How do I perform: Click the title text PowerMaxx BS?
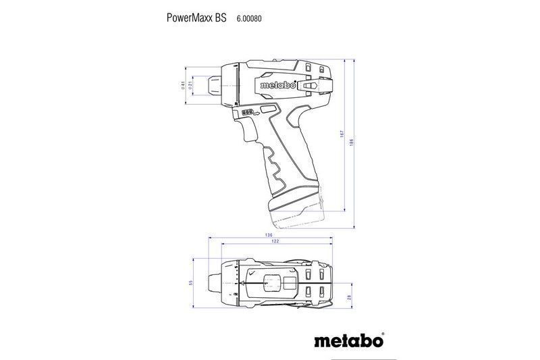tap(196, 18)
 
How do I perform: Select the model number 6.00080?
tap(249, 19)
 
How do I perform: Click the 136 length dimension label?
tap(269, 235)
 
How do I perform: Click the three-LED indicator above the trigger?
tap(248, 113)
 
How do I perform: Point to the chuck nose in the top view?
tap(215, 280)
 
